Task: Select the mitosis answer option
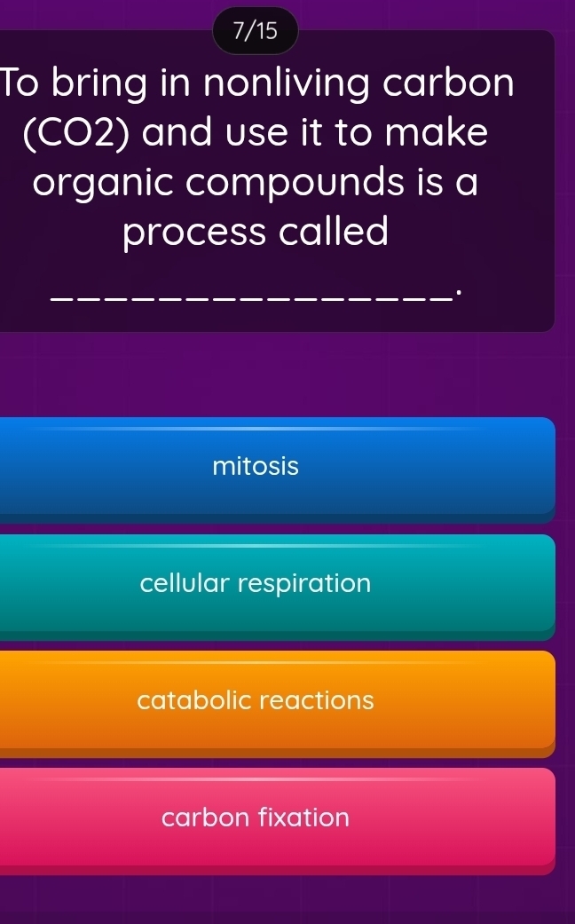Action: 256,466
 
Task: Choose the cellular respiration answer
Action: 256,584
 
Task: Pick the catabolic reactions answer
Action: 256,700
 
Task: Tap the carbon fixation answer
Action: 256,817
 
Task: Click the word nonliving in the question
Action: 287,85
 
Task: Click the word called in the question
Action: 333,233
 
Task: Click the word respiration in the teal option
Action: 304,584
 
